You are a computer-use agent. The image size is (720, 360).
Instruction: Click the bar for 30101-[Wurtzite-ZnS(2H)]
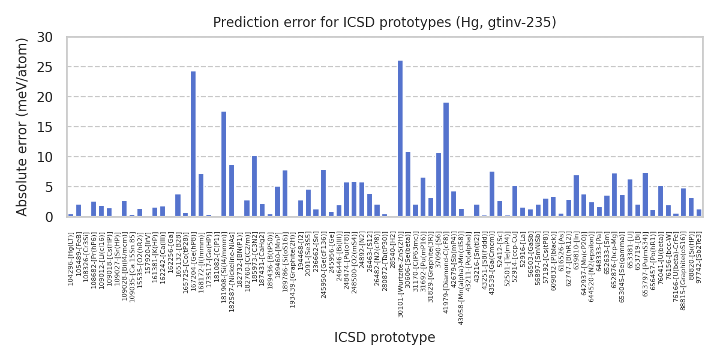click(400, 139)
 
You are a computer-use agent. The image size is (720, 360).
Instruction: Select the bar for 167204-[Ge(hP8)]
click(193, 144)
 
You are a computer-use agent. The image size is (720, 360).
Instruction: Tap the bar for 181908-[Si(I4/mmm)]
click(224, 164)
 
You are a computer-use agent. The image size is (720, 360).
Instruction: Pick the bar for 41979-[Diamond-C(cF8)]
click(446, 160)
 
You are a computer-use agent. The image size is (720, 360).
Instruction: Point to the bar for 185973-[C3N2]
click(254, 186)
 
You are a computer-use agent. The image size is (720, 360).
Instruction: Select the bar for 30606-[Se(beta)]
click(408, 184)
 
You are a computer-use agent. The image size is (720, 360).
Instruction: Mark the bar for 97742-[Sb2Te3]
click(699, 213)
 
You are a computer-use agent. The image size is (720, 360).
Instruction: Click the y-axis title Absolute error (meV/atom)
click(23, 127)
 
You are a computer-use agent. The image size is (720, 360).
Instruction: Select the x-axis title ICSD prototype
click(385, 338)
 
